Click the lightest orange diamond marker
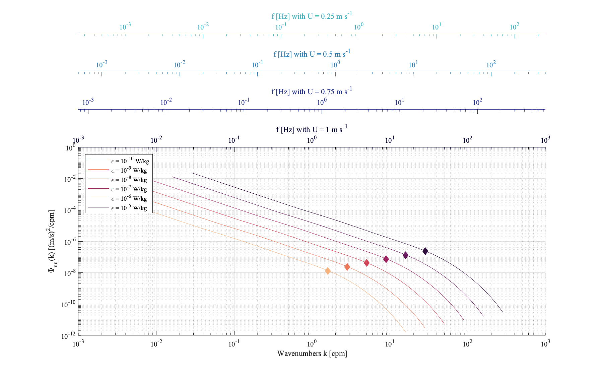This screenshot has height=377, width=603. coord(328,271)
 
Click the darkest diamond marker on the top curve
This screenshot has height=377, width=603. coord(425,251)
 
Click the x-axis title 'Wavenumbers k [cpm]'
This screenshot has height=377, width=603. coord(312,354)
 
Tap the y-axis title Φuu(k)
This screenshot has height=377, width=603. coord(52,241)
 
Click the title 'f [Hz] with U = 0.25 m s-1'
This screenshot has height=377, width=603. coord(312,16)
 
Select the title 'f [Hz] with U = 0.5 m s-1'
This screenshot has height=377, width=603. coord(312,54)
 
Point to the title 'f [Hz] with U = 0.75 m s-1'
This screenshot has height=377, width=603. coord(312,91)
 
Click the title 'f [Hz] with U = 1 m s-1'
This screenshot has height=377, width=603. coord(312,129)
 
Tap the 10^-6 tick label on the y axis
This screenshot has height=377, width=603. coord(69,242)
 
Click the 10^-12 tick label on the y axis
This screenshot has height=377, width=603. coord(68,336)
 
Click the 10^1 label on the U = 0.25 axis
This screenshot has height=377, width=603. coord(437,27)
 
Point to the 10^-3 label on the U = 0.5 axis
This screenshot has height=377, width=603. coord(102,65)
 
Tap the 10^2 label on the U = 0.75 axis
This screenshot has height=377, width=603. coord(477,102)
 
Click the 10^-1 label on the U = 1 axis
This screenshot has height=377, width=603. coord(234,140)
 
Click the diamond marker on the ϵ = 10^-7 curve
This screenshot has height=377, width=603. coord(366,263)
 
